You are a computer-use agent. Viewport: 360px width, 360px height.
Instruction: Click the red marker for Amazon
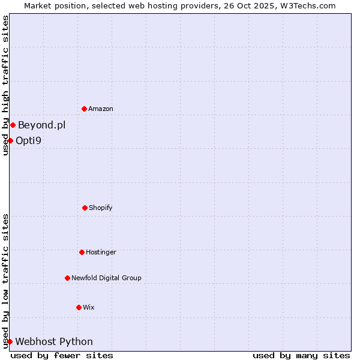pyautogui.click(x=85, y=109)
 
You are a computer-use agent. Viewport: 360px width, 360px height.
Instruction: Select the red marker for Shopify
pyautogui.click(x=85, y=208)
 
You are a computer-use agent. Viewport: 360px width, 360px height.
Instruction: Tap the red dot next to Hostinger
pyautogui.click(x=82, y=252)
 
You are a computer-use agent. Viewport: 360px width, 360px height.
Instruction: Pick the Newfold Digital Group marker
pyautogui.click(x=67, y=278)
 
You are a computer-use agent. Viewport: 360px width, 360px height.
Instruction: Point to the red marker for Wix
pyautogui.click(x=79, y=307)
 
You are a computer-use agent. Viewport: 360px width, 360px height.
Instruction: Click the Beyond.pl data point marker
pyautogui.click(x=13, y=125)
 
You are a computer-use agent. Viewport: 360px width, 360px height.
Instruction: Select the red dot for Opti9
pyautogui.click(x=10, y=140)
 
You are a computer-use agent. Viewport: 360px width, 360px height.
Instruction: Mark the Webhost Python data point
pyautogui.click(x=10, y=341)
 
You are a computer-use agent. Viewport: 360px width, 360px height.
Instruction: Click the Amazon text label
pyautogui.click(x=101, y=109)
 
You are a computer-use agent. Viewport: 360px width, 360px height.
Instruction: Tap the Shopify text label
pyautogui.click(x=101, y=208)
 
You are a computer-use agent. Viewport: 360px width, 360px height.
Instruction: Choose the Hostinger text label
pyautogui.click(x=101, y=252)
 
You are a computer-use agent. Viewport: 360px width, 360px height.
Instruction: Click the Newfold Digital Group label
pyautogui.click(x=106, y=278)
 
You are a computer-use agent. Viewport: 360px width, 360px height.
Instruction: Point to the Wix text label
pyautogui.click(x=89, y=307)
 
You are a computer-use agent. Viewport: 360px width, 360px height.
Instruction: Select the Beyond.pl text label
pyautogui.click(x=41, y=125)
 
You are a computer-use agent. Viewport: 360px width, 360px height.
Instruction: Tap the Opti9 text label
pyautogui.click(x=29, y=140)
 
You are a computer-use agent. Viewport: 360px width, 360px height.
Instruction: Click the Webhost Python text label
pyautogui.click(x=54, y=341)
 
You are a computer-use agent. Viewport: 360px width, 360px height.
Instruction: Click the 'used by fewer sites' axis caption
pyautogui.click(x=62, y=355)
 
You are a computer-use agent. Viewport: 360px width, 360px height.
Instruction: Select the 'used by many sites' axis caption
pyautogui.click(x=301, y=355)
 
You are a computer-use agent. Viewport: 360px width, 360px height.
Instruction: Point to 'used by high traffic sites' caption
pyautogui.click(x=5, y=85)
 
